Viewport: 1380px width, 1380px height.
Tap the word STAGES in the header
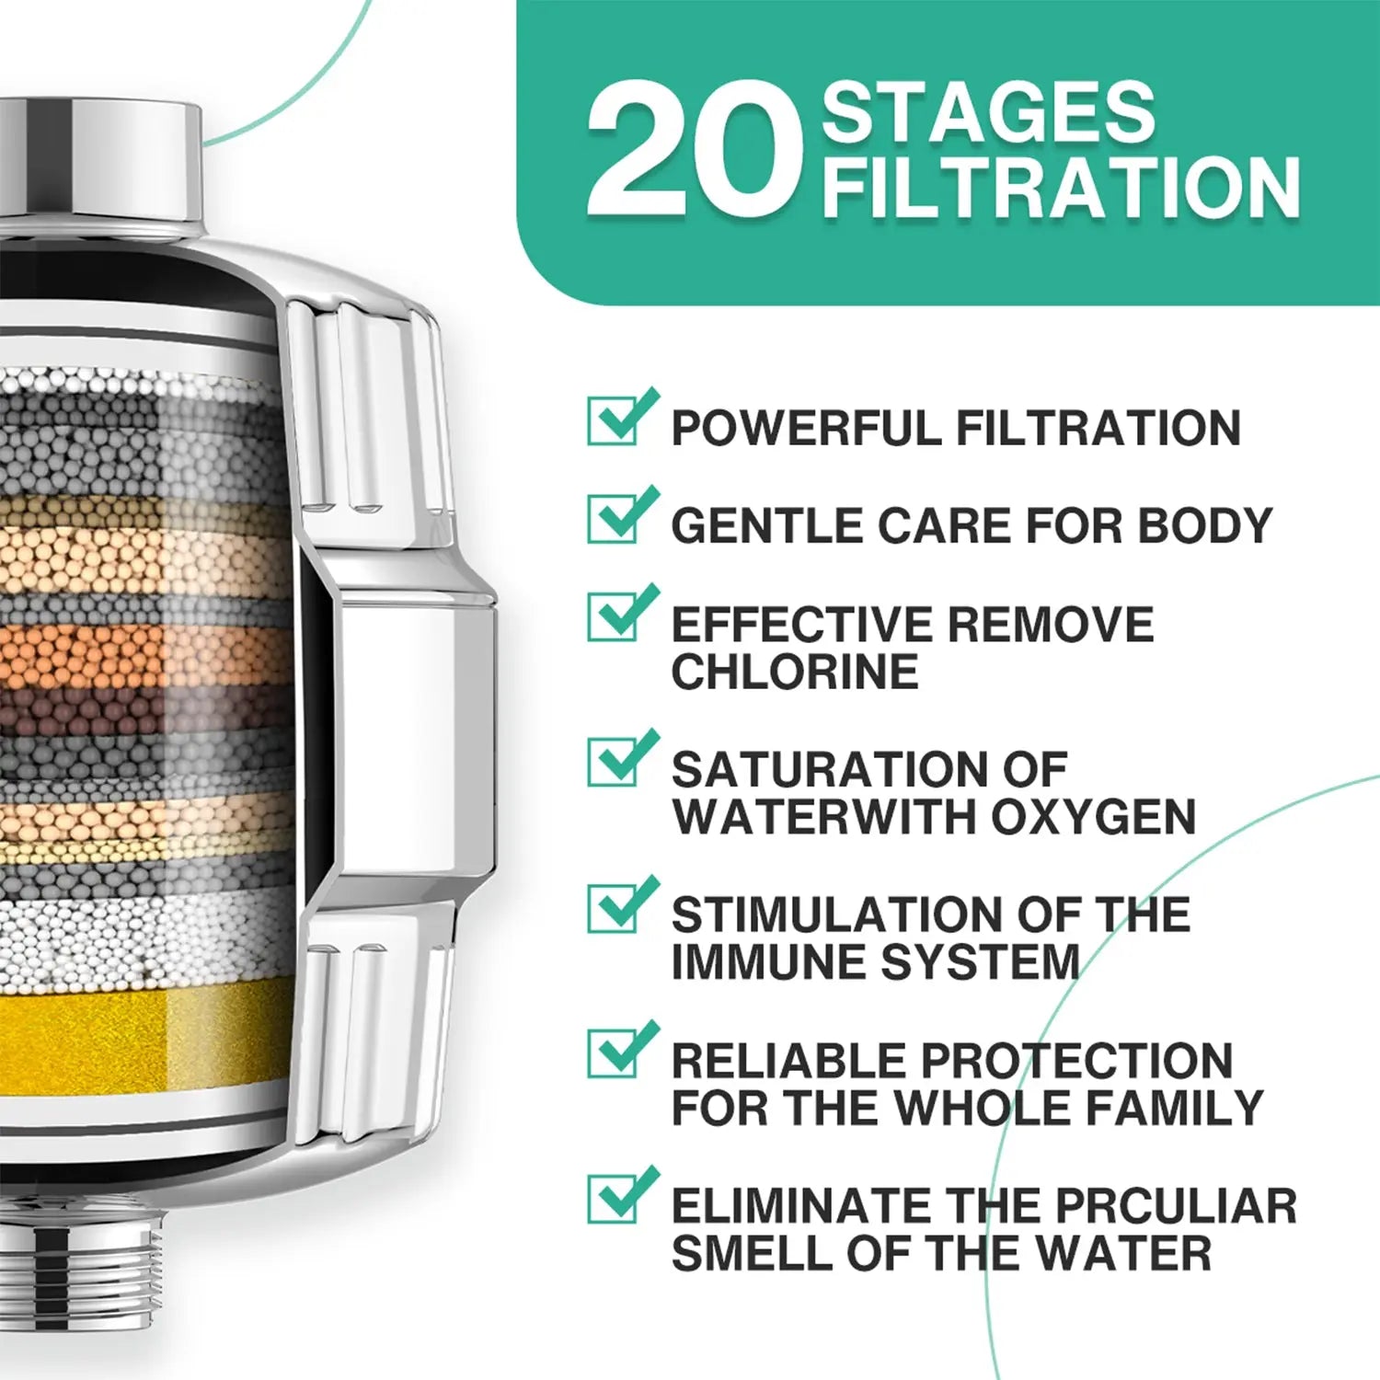pyautogui.click(x=988, y=111)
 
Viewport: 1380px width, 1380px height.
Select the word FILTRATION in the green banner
pyautogui.click(x=1061, y=187)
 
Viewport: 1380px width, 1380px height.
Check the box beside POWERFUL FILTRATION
pyautogui.click(x=623, y=418)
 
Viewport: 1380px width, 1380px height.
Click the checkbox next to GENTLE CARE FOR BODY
pyautogui.click(x=623, y=515)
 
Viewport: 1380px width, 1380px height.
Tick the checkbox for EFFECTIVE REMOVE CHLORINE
pyautogui.click(x=623, y=613)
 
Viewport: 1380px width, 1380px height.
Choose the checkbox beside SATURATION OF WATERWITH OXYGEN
pyautogui.click(x=623, y=758)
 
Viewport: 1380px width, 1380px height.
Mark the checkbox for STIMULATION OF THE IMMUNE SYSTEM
pyautogui.click(x=623, y=904)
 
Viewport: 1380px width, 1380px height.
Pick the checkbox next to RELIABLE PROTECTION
pyautogui.click(x=623, y=1050)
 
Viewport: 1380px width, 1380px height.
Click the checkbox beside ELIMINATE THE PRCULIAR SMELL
pyautogui.click(x=623, y=1195)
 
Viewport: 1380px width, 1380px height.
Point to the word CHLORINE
pyautogui.click(x=795, y=672)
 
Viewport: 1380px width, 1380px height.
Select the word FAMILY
pyautogui.click(x=1175, y=1107)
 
